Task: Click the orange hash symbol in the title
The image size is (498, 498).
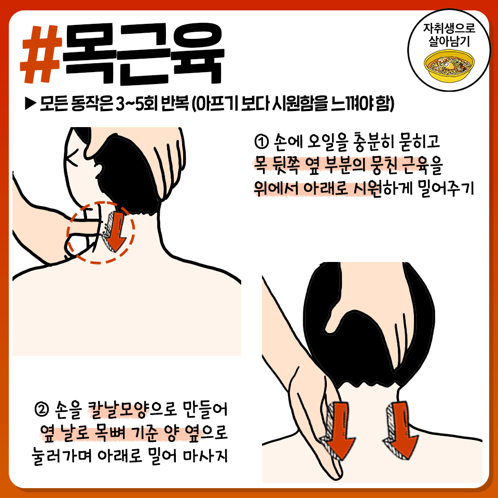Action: tap(40, 54)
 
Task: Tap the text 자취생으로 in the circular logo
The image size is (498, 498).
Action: tap(449, 28)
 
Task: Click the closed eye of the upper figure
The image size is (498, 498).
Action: tap(73, 156)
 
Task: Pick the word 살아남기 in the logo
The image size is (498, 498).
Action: tap(449, 41)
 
